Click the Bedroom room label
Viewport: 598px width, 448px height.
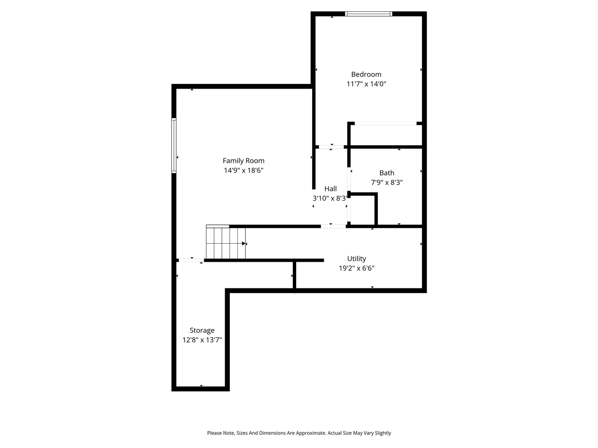click(x=366, y=74)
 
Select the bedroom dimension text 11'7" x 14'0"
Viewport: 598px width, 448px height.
click(x=366, y=84)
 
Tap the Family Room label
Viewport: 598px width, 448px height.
click(x=243, y=161)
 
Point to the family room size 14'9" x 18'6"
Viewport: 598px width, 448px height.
click(x=243, y=170)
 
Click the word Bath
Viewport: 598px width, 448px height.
click(x=386, y=173)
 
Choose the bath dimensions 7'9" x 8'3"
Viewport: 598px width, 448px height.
click(x=386, y=182)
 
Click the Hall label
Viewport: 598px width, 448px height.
click(x=330, y=189)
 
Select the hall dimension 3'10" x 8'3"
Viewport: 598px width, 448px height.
click(x=330, y=198)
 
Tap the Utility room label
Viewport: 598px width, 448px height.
click(x=356, y=259)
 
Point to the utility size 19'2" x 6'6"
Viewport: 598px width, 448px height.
click(x=356, y=268)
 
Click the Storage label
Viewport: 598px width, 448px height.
click(x=202, y=330)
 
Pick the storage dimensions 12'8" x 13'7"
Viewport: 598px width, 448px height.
click(x=202, y=340)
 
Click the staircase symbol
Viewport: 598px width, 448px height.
click(x=226, y=243)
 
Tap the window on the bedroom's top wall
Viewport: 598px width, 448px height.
click(x=368, y=14)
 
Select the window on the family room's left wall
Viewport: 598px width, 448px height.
click(x=174, y=146)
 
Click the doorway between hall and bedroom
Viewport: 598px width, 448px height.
click(x=331, y=147)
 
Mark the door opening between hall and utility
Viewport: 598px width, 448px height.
click(x=333, y=226)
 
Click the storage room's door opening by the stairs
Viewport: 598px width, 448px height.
click(x=191, y=260)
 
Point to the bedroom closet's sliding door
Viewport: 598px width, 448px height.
click(x=385, y=123)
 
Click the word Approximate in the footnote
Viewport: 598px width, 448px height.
click(x=309, y=433)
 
